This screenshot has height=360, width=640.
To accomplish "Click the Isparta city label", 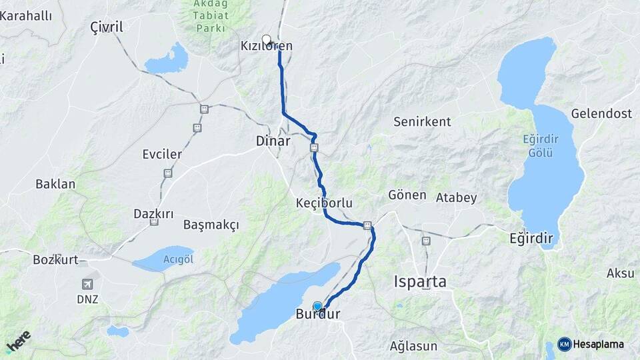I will click(420, 281).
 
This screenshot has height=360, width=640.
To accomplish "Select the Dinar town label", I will click(273, 141).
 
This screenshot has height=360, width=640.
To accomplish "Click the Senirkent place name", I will click(422, 122).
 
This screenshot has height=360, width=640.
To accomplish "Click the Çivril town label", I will click(107, 27).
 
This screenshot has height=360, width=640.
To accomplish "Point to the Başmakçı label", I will click(211, 225).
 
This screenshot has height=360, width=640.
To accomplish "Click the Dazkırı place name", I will click(153, 214).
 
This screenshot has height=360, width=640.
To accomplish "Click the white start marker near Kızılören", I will click(267, 39).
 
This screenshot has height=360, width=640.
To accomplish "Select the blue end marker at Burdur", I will click(317, 306).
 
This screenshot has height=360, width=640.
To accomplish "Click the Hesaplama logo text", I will click(599, 345).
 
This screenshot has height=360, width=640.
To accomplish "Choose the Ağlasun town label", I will click(413, 346).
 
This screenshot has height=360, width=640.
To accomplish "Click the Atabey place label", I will click(456, 197).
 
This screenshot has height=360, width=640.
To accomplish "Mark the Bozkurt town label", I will click(55, 259).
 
